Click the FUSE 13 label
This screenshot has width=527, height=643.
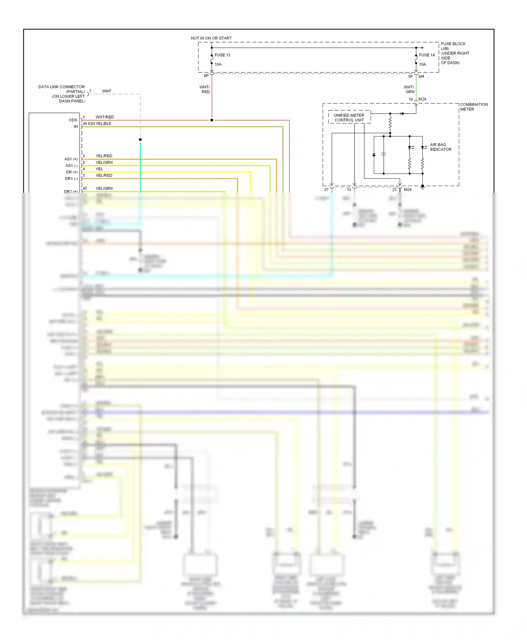222,55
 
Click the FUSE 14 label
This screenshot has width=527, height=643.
427,55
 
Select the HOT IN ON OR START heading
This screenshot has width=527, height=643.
211,38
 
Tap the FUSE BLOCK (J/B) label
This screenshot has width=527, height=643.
453,46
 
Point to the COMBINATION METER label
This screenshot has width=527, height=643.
474,107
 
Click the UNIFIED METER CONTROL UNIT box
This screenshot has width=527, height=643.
349,117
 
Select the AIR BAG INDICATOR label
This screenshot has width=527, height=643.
440,147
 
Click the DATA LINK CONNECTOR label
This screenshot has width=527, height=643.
61,87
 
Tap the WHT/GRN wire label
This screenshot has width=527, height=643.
409,89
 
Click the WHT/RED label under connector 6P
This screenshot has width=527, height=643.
205,89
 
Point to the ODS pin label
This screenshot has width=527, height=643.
73,120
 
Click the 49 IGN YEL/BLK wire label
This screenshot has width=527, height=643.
97,123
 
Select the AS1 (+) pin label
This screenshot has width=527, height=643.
71,159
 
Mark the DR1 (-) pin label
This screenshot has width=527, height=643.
71,179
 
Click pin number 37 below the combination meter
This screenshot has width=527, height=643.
326,190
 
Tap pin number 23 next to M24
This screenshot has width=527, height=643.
394,190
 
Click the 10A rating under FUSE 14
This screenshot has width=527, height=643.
422,64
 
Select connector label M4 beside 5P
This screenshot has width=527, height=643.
421,76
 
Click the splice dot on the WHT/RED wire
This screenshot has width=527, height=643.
212,120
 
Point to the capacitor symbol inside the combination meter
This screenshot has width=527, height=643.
384,155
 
